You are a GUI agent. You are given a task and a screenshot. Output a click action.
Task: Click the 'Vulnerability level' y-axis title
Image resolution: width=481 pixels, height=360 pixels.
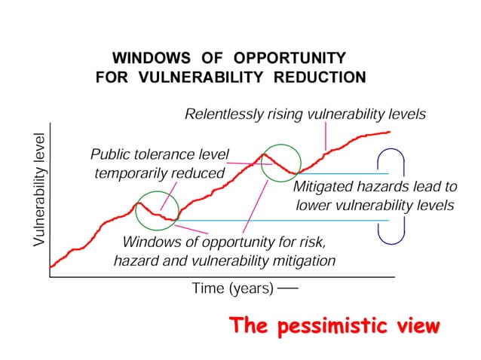[39, 190]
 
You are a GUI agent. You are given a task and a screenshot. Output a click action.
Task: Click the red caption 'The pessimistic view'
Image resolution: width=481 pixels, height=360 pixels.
[334, 326]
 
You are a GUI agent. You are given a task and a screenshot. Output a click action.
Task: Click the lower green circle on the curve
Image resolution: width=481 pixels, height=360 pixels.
[157, 210]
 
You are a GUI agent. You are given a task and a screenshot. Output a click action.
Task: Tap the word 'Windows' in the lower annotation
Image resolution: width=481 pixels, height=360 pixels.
[150, 243]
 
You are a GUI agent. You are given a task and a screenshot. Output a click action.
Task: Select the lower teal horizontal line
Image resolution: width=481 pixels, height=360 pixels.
[286, 221]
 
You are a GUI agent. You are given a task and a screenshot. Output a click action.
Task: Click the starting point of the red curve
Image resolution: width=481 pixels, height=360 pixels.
[51, 267]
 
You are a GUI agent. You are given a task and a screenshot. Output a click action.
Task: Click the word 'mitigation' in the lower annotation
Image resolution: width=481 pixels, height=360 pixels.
[302, 261]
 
